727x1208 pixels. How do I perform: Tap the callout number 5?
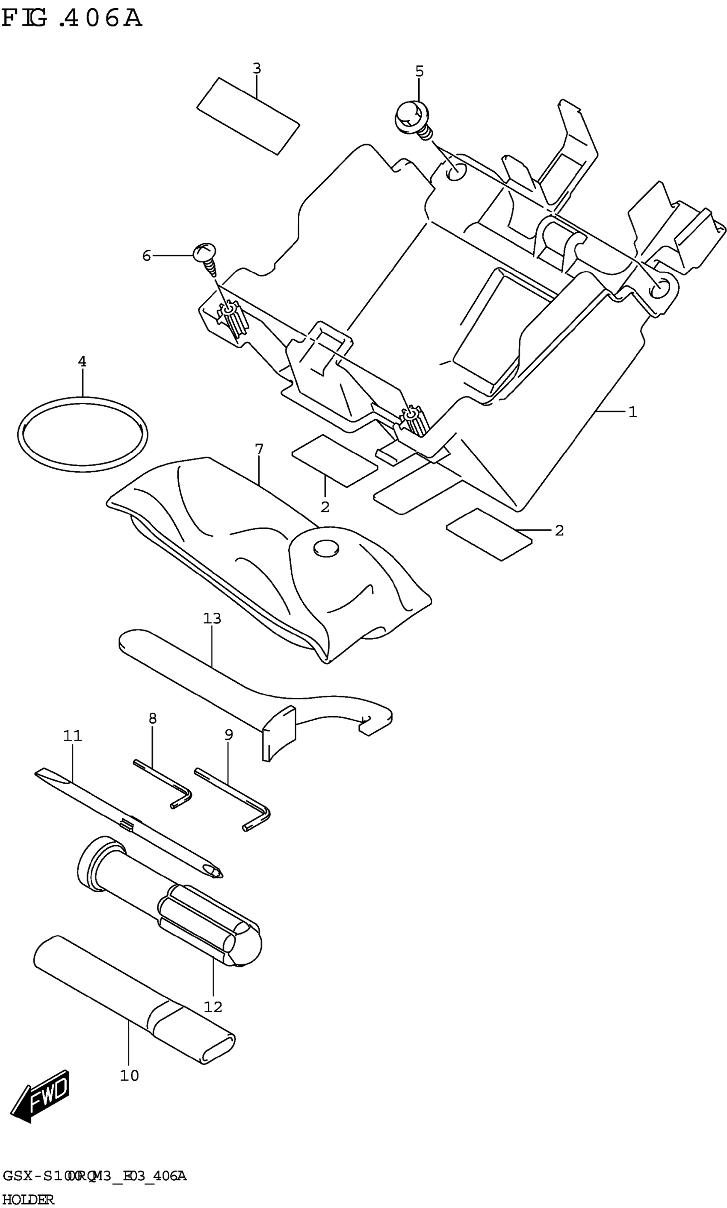point(420,71)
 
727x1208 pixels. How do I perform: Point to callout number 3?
point(257,68)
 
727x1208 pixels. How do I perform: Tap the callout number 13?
point(212,619)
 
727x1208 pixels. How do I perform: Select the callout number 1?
point(632,412)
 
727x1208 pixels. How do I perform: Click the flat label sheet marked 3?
point(248,116)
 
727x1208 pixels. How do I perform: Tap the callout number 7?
point(259,449)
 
